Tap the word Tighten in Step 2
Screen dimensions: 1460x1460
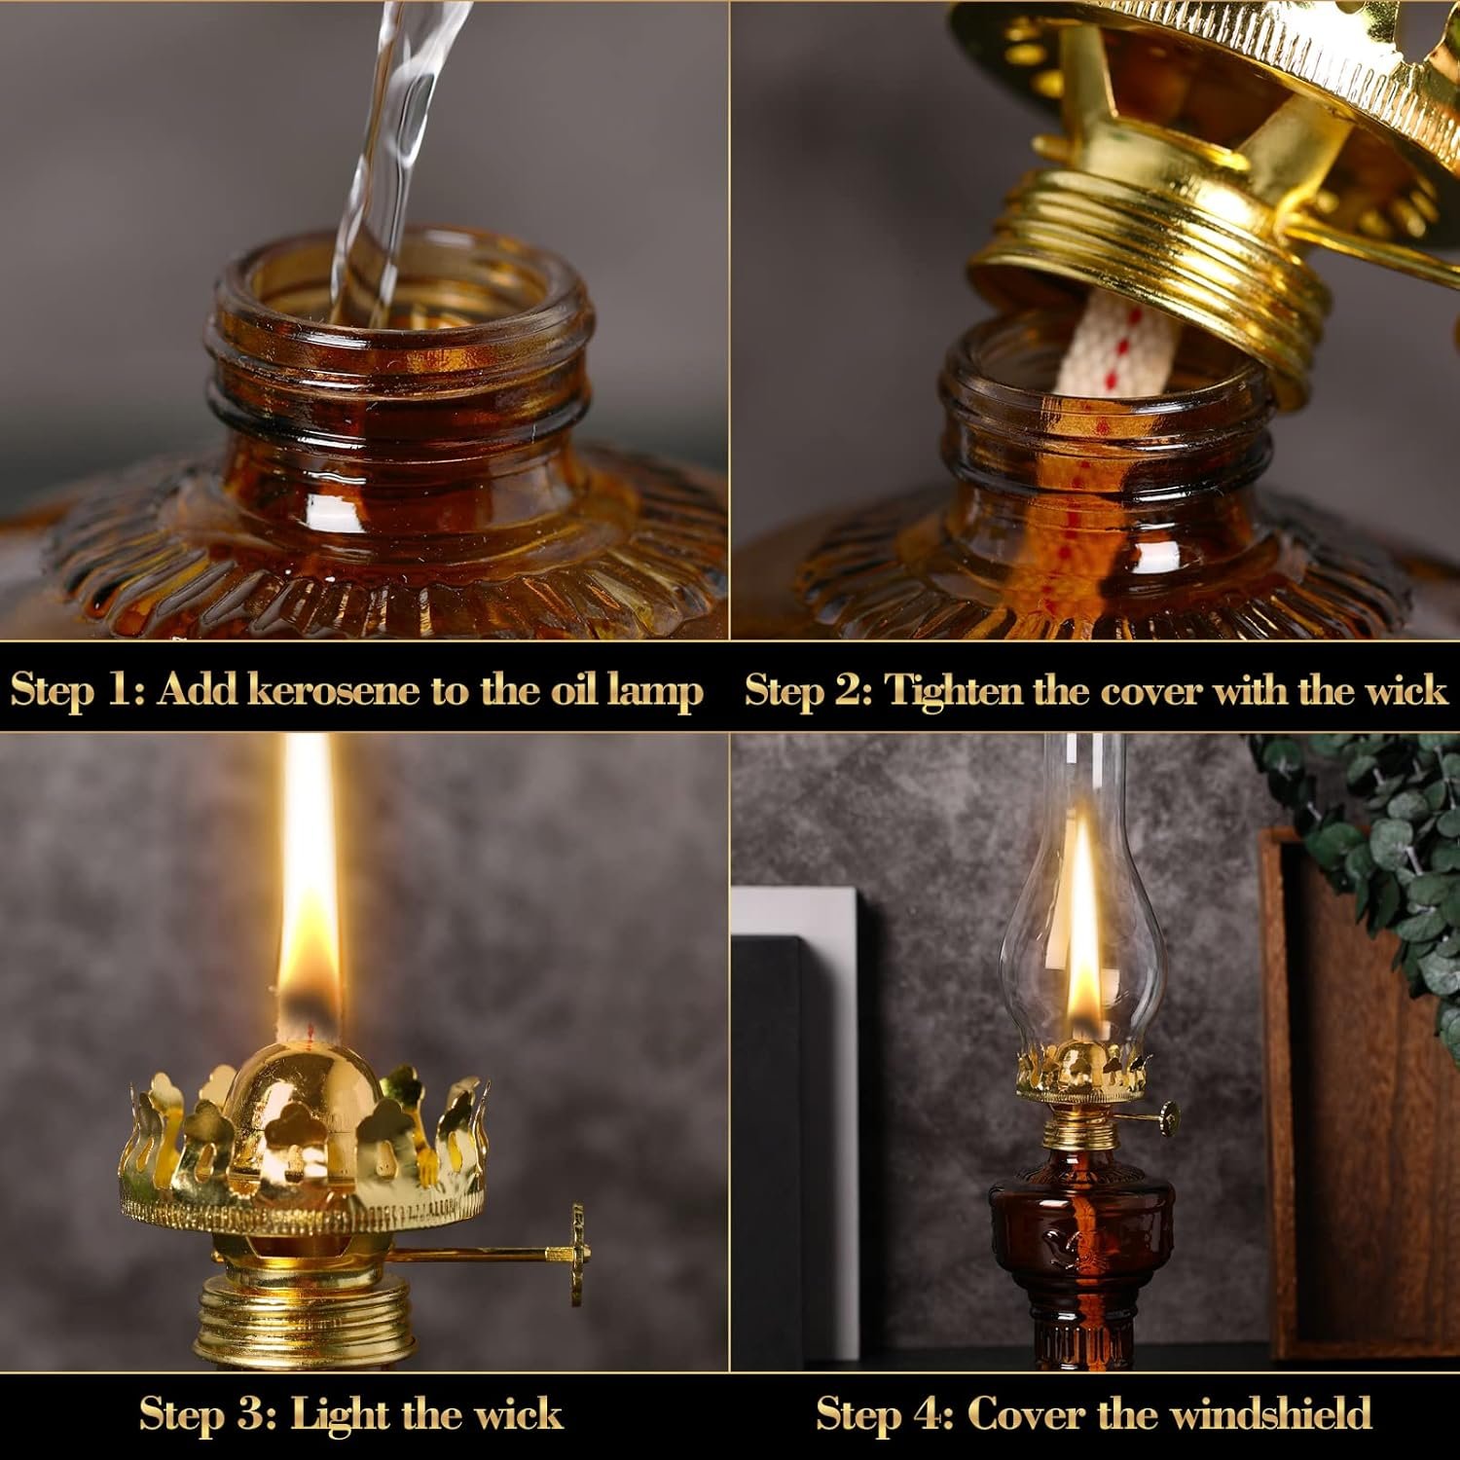click(954, 690)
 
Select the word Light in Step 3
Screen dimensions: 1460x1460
click(341, 1413)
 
